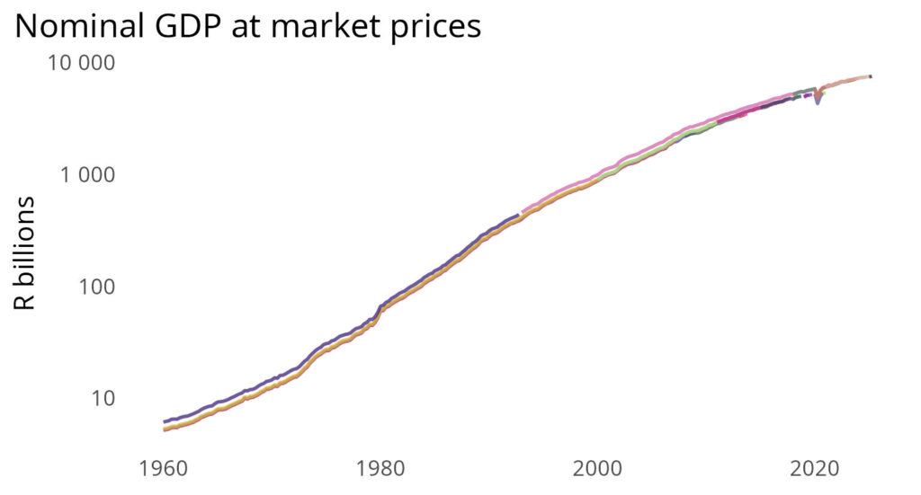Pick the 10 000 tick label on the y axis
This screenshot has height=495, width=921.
pyautogui.click(x=89, y=64)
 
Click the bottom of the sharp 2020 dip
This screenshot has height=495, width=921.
pyautogui.click(x=818, y=102)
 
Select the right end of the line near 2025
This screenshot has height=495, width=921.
pyautogui.click(x=870, y=76)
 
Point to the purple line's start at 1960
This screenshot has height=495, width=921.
pyautogui.click(x=164, y=421)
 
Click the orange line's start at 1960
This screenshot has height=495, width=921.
pyautogui.click(x=164, y=429)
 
